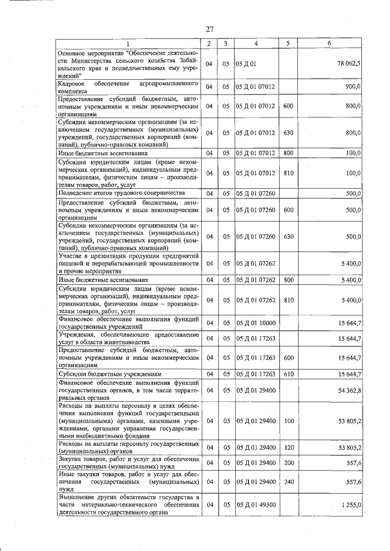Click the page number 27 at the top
point(209,29)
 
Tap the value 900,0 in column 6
point(353,86)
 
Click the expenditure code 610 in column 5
point(288,373)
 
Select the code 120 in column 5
point(288,447)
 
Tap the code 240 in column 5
point(288,482)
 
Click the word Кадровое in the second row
point(71,82)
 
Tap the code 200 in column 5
point(288,463)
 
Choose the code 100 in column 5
point(288,421)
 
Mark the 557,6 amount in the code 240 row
point(353,482)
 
